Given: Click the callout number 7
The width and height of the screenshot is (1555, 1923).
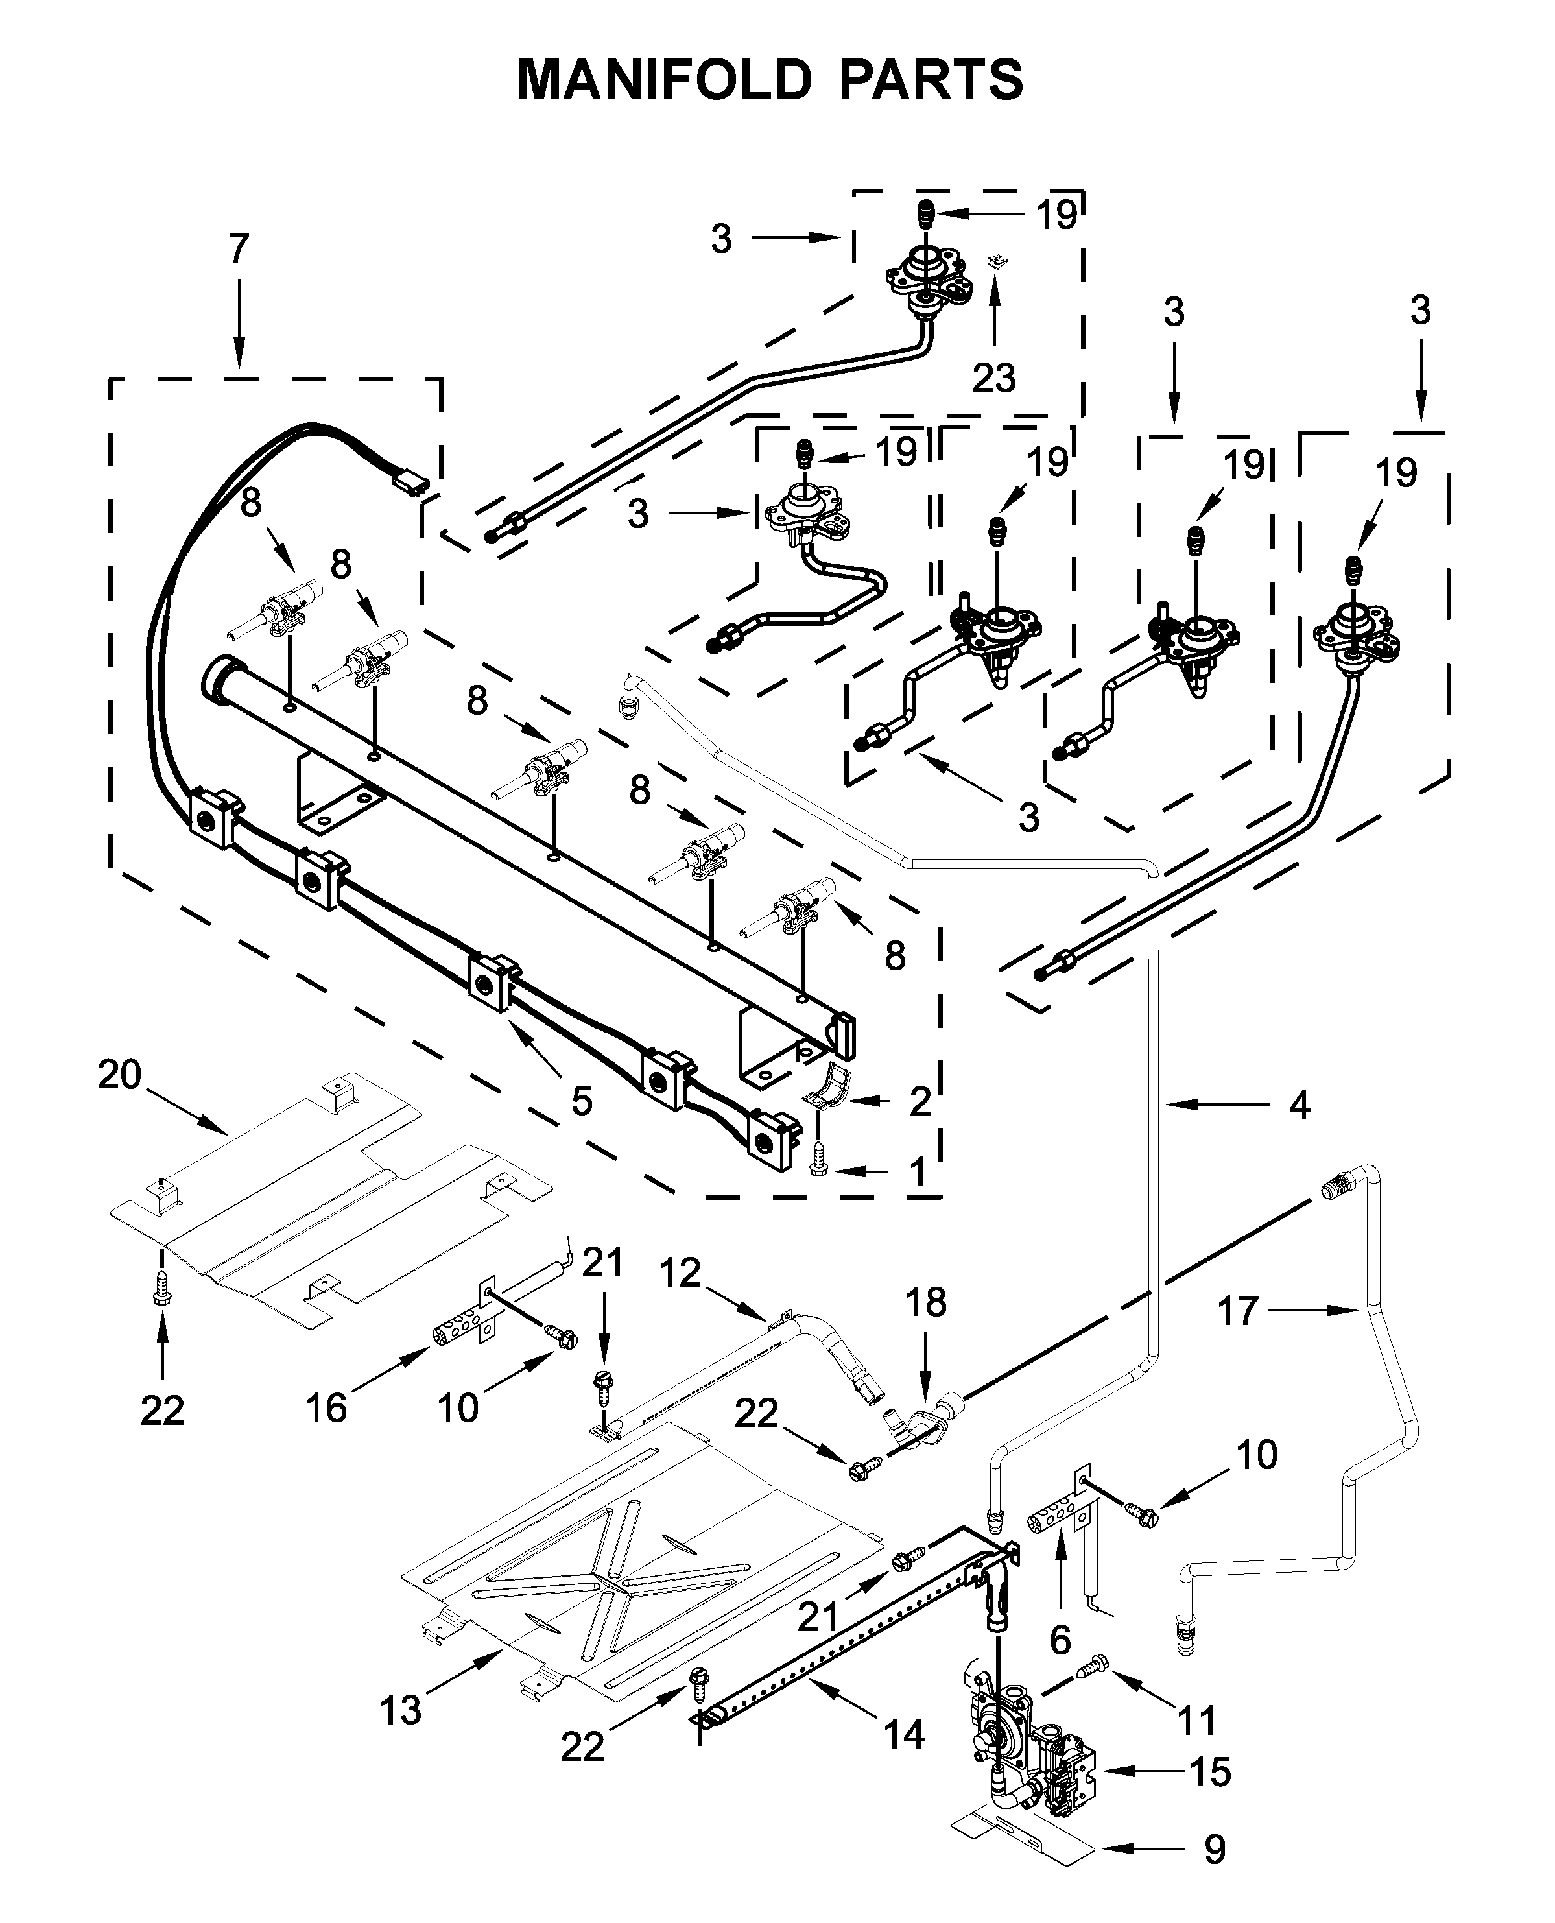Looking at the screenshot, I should click(x=238, y=248).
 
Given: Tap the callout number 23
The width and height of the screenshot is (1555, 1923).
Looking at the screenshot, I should click(x=993, y=379).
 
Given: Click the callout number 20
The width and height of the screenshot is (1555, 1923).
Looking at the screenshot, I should click(x=120, y=1074).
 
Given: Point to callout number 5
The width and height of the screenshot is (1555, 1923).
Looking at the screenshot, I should click(x=582, y=1101).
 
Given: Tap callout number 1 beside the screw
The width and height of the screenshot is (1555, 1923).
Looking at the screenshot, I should click(x=918, y=1171).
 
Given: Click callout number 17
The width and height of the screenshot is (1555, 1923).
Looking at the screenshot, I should click(x=1239, y=1311).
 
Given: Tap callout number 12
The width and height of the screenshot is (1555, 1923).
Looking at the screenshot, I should click(x=680, y=1272).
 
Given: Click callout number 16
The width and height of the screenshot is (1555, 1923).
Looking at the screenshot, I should click(x=326, y=1408).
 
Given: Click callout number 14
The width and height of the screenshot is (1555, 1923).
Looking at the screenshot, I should click(x=904, y=1734).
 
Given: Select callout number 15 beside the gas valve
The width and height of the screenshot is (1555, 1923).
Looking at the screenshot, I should click(x=1210, y=1772).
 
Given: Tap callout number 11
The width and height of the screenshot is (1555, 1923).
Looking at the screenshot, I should click(x=1196, y=1720).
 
